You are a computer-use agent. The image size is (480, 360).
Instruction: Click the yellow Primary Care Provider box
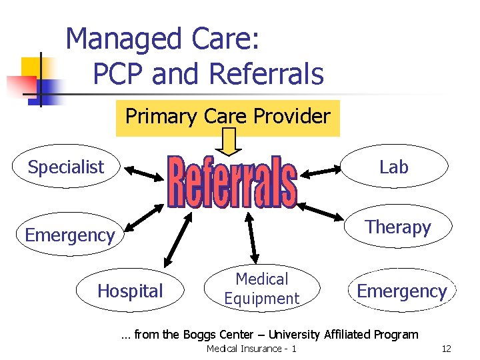(x=227, y=117)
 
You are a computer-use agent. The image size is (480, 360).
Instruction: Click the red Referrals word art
(x=231, y=181)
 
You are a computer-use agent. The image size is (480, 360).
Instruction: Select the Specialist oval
(x=66, y=167)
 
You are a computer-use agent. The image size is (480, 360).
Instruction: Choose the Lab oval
(x=393, y=167)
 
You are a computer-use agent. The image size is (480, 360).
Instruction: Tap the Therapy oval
(x=398, y=227)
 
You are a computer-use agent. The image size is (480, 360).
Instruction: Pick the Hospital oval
(x=130, y=291)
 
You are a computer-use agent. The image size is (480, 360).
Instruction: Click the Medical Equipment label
(x=261, y=289)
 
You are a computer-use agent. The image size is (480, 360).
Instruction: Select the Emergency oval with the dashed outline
(x=401, y=291)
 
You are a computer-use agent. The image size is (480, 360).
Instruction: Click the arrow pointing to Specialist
(x=143, y=173)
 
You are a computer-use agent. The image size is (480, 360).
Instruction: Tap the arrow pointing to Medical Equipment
(x=251, y=237)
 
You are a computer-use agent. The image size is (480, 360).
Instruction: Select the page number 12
(x=446, y=349)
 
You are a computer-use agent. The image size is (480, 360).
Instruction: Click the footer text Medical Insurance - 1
(x=251, y=349)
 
